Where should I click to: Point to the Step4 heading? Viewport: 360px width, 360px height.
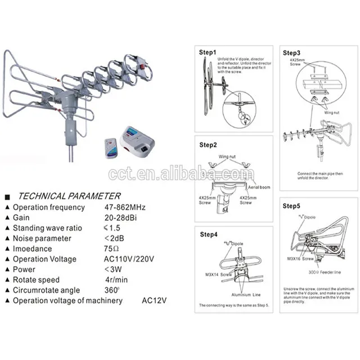(x=209, y=235)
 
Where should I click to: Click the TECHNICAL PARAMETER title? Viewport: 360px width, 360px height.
(x=69, y=196)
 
